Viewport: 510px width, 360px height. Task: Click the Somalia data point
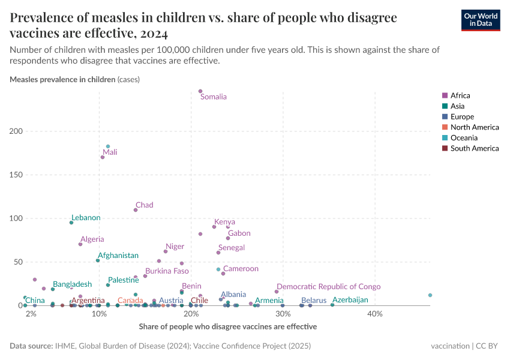click(200, 91)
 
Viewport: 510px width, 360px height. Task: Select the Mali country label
click(110, 152)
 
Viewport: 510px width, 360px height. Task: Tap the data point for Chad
click(136, 210)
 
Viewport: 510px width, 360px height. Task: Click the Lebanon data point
click(71, 223)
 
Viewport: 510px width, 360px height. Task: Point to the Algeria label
click(92, 239)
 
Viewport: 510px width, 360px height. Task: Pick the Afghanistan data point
click(98, 260)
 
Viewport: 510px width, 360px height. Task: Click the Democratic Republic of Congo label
click(328, 287)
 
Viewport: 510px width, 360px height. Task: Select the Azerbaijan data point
click(332, 305)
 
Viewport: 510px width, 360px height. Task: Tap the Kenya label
click(224, 222)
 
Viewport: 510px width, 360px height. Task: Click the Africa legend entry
click(460, 95)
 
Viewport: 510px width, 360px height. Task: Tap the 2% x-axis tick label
click(31, 314)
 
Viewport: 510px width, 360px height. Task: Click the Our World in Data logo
click(480, 19)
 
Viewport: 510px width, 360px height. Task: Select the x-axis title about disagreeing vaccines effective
click(227, 326)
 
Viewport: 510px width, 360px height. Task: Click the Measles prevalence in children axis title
click(62, 79)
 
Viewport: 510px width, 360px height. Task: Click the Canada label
click(130, 301)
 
